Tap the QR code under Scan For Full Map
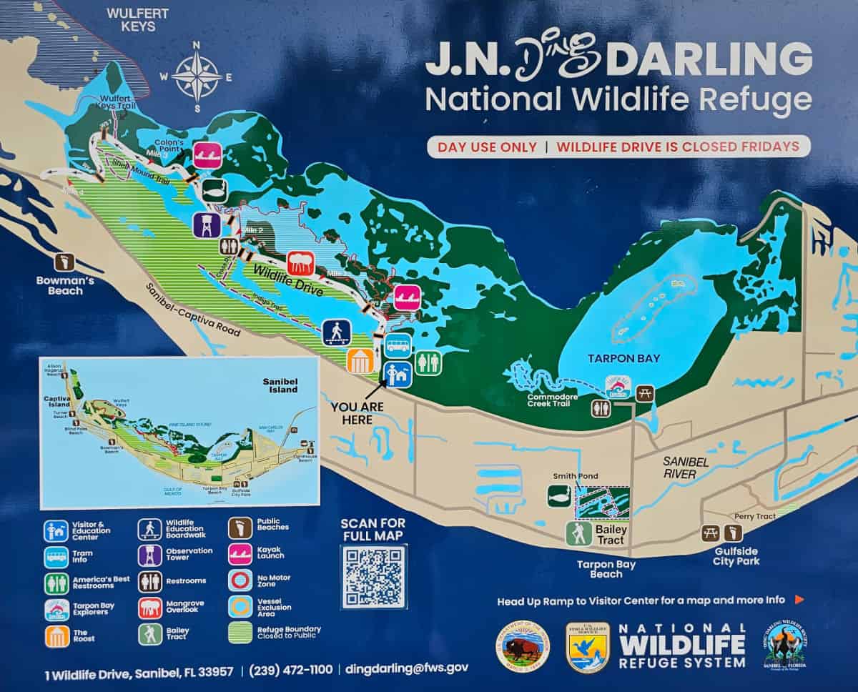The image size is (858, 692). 373,576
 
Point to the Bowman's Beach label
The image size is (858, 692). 65,285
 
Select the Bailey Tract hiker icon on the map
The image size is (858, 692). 578,533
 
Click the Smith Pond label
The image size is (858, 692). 575,475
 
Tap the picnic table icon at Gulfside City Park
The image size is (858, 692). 710,533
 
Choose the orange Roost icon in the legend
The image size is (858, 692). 56,636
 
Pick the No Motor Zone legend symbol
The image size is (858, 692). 240,579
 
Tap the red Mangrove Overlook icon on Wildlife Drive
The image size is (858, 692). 300,263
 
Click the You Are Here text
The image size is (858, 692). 357,412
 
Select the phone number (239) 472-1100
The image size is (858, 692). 290,669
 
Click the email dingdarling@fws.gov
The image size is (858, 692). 406,668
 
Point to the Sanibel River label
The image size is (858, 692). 685,468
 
